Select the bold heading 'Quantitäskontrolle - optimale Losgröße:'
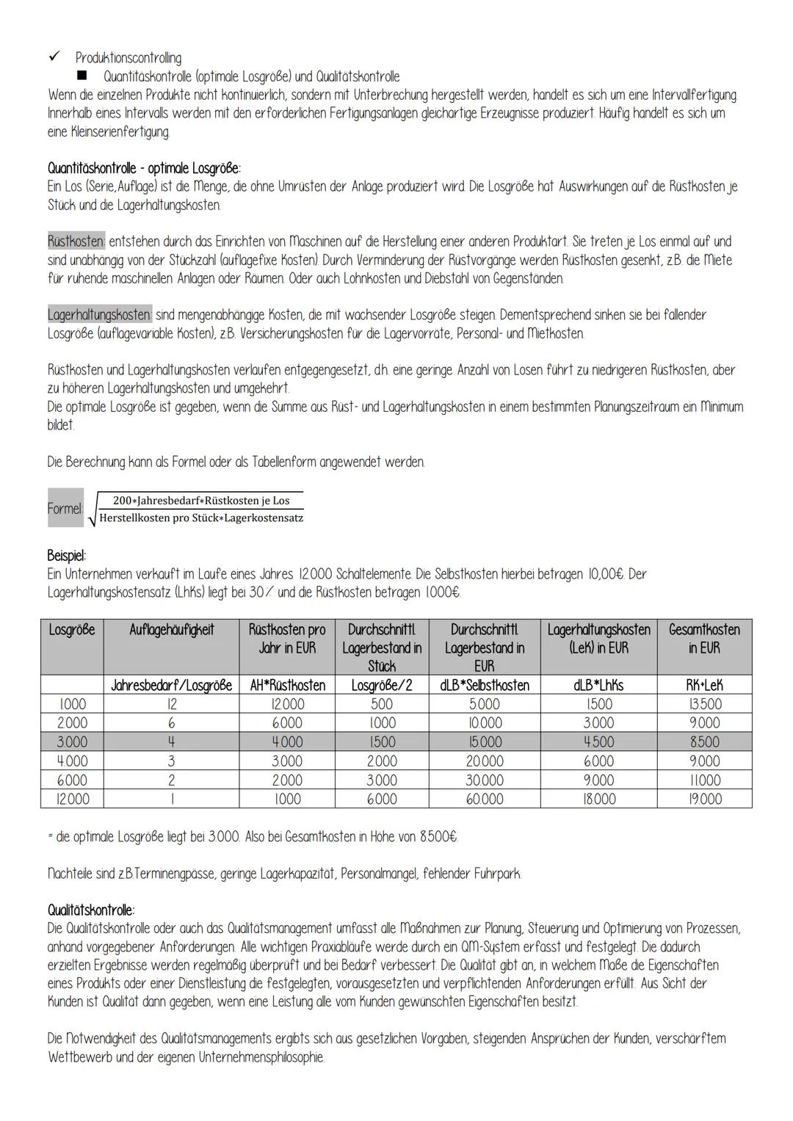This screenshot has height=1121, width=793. click(x=144, y=168)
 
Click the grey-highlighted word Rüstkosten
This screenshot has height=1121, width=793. click(x=76, y=242)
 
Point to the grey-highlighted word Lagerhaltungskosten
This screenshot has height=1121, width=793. click(x=99, y=315)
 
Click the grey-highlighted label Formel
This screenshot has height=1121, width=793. click(x=65, y=508)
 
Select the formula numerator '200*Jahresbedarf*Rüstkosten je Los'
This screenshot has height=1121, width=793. click(x=201, y=501)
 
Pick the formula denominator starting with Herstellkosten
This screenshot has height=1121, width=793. click(x=201, y=518)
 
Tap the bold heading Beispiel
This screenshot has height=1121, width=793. click(x=67, y=555)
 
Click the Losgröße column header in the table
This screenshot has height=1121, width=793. click(x=72, y=630)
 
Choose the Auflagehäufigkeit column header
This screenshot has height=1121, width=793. click(x=171, y=630)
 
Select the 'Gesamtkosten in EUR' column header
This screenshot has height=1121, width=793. click(x=703, y=639)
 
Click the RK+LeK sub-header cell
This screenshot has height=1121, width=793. click(x=703, y=685)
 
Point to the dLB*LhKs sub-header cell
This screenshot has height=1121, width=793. click(x=598, y=685)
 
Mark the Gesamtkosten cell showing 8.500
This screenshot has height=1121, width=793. click(x=703, y=742)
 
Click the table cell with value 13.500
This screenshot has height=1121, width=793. click(x=703, y=704)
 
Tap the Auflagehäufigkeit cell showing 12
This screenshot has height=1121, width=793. click(x=171, y=704)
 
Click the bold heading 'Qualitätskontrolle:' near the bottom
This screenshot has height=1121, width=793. click(x=91, y=910)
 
